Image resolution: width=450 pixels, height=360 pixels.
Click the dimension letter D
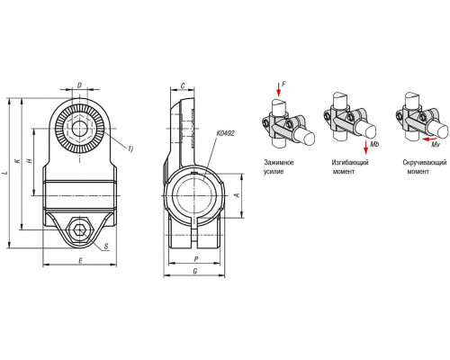(x=79, y=85)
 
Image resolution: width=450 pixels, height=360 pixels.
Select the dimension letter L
(x=4, y=173)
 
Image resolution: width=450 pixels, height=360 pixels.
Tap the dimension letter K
(x=18, y=160)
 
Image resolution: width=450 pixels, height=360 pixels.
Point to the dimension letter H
(x=30, y=160)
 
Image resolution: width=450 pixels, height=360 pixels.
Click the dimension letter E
(x=80, y=261)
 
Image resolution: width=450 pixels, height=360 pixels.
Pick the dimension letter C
(x=183, y=86)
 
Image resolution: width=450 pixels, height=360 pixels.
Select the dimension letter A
(x=237, y=195)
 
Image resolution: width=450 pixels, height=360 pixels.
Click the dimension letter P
(x=196, y=259)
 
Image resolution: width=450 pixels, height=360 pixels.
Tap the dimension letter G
(x=195, y=271)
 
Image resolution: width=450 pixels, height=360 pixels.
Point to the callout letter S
(x=106, y=247)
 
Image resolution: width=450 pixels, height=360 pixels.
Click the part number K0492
(x=225, y=133)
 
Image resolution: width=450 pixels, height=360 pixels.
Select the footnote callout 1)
(x=130, y=148)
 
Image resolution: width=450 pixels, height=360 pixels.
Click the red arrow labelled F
(x=278, y=89)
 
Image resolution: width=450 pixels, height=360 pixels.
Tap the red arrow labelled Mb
(x=365, y=148)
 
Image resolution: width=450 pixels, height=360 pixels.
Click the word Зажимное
(x=279, y=163)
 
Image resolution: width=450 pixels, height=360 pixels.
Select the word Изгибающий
(x=350, y=163)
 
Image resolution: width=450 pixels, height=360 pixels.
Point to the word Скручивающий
(x=425, y=163)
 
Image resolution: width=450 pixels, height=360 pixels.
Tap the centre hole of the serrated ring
(x=80, y=129)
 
